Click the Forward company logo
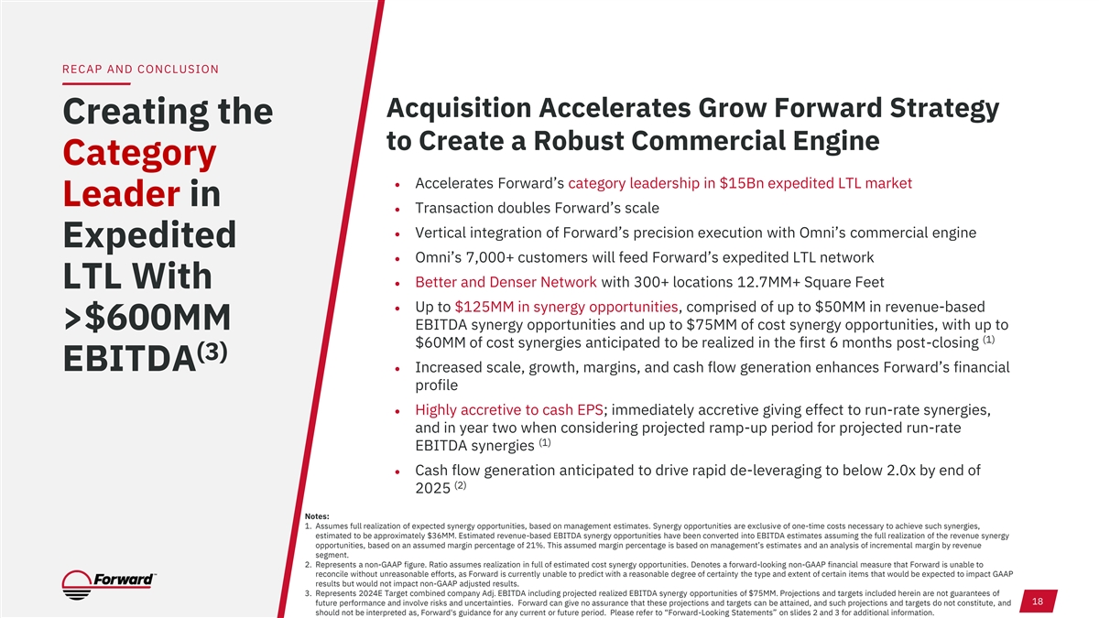pyautogui.click(x=109, y=585)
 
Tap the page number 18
pyautogui.click(x=1037, y=602)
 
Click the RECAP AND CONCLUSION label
pyautogui.click(x=140, y=70)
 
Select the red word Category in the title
pyautogui.click(x=139, y=154)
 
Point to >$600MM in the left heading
pyautogui.click(x=147, y=318)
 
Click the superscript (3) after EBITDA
pyautogui.click(x=212, y=352)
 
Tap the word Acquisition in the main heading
pyautogui.click(x=459, y=108)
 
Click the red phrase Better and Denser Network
pyautogui.click(x=506, y=282)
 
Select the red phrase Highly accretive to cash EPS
pyautogui.click(x=509, y=409)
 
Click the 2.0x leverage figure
pyautogui.click(x=901, y=471)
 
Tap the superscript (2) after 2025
pyautogui.click(x=460, y=485)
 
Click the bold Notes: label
pyautogui.click(x=317, y=516)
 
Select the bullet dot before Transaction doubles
pyautogui.click(x=397, y=210)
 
